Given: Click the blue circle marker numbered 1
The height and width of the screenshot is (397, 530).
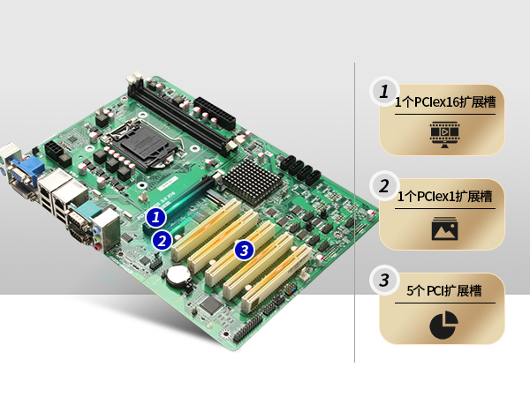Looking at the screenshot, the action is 155,217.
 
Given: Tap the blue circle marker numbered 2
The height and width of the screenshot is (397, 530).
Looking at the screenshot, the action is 163,241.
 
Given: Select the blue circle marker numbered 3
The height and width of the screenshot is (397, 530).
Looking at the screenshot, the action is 244,251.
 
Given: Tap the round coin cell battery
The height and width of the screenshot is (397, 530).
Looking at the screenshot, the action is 178,274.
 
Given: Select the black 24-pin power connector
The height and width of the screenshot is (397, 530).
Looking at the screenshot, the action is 215,112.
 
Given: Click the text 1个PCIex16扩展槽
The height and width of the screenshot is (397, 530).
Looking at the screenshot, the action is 445,101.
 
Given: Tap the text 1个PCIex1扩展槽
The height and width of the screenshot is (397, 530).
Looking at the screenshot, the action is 445,196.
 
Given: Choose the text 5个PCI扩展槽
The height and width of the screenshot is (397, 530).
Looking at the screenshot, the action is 444,290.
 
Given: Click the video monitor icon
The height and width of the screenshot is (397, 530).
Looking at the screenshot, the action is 444,135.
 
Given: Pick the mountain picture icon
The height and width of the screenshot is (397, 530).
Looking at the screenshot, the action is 444,228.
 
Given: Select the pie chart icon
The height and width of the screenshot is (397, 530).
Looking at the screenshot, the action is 443,325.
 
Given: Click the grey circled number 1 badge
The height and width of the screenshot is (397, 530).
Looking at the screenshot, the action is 384,92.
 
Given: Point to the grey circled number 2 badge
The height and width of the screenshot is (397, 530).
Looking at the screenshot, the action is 384,186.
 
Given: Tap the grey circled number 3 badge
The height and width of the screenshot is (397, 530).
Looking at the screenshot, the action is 384,281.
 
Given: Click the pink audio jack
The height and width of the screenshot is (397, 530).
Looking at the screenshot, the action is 99,247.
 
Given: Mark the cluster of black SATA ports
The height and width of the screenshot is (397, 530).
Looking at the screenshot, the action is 300,171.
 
